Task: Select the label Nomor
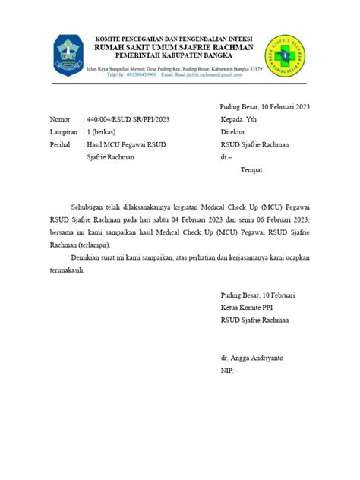click(x=58, y=120)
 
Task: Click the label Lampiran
click(x=63, y=132)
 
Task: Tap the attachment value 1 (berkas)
click(x=106, y=132)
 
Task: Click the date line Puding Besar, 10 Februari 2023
click(x=265, y=108)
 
